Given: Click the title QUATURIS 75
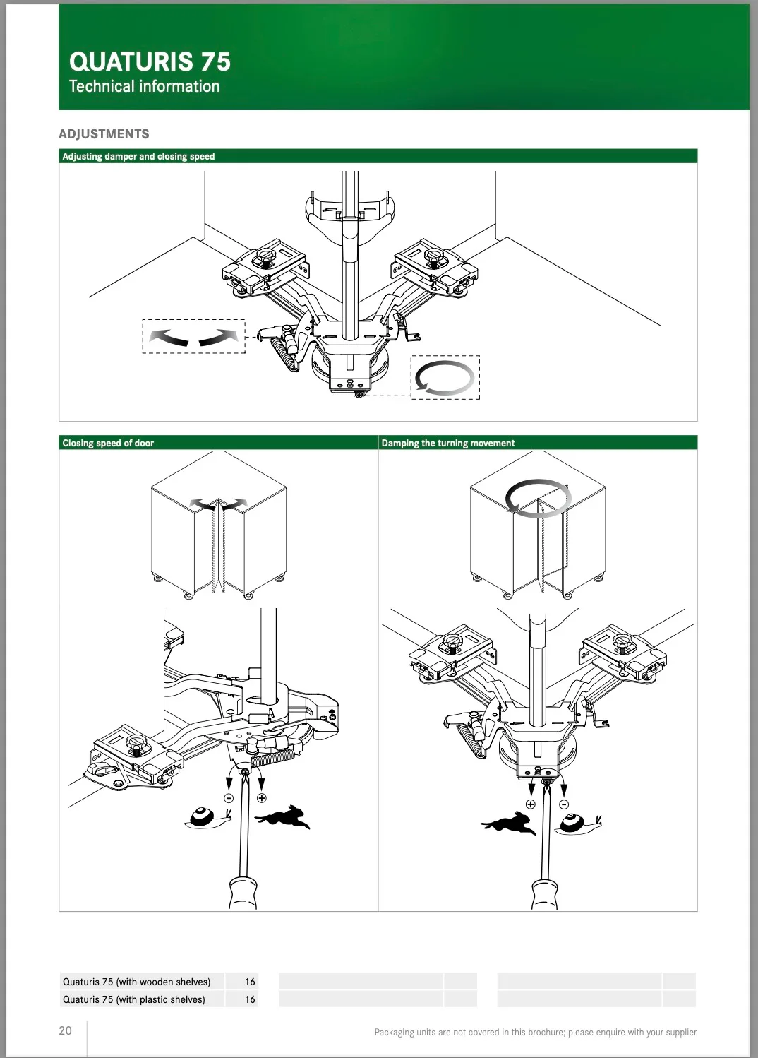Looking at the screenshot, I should click(150, 61).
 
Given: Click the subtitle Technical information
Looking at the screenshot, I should click(144, 86).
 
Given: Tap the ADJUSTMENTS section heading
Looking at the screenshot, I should click(104, 134).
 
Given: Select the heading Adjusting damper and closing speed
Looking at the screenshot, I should click(138, 156).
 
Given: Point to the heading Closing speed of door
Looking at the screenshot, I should click(108, 443).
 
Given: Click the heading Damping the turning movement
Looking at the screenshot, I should click(447, 443).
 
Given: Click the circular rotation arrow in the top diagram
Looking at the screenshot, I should click(445, 378).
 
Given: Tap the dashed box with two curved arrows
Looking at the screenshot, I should click(193, 336).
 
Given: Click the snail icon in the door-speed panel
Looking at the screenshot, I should click(207, 818).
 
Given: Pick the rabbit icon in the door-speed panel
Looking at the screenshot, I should click(284, 817).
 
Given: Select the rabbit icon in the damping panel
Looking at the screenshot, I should click(507, 822).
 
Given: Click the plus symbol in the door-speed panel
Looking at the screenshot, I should click(262, 798).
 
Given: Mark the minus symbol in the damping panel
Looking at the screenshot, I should click(564, 804).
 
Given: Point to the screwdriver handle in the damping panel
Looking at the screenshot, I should click(544, 893).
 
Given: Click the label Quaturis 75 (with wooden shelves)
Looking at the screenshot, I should click(136, 982).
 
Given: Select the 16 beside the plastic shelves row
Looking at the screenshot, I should click(250, 999).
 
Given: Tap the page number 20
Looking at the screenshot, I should click(65, 1030).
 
